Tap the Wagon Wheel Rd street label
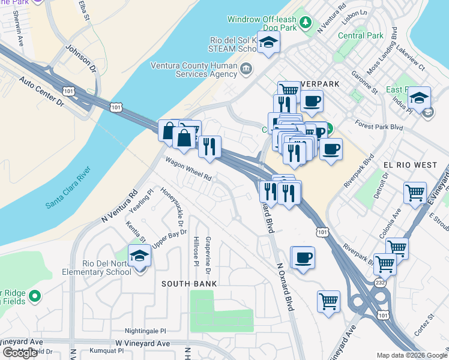[x=189, y=169]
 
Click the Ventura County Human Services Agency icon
[x=246, y=70]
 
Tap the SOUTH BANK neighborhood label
[x=189, y=283]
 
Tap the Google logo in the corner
[x=20, y=353]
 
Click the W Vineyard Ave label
[x=143, y=343]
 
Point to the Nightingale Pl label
[x=145, y=331]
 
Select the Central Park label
[x=360, y=35]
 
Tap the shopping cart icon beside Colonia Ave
[x=415, y=193]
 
